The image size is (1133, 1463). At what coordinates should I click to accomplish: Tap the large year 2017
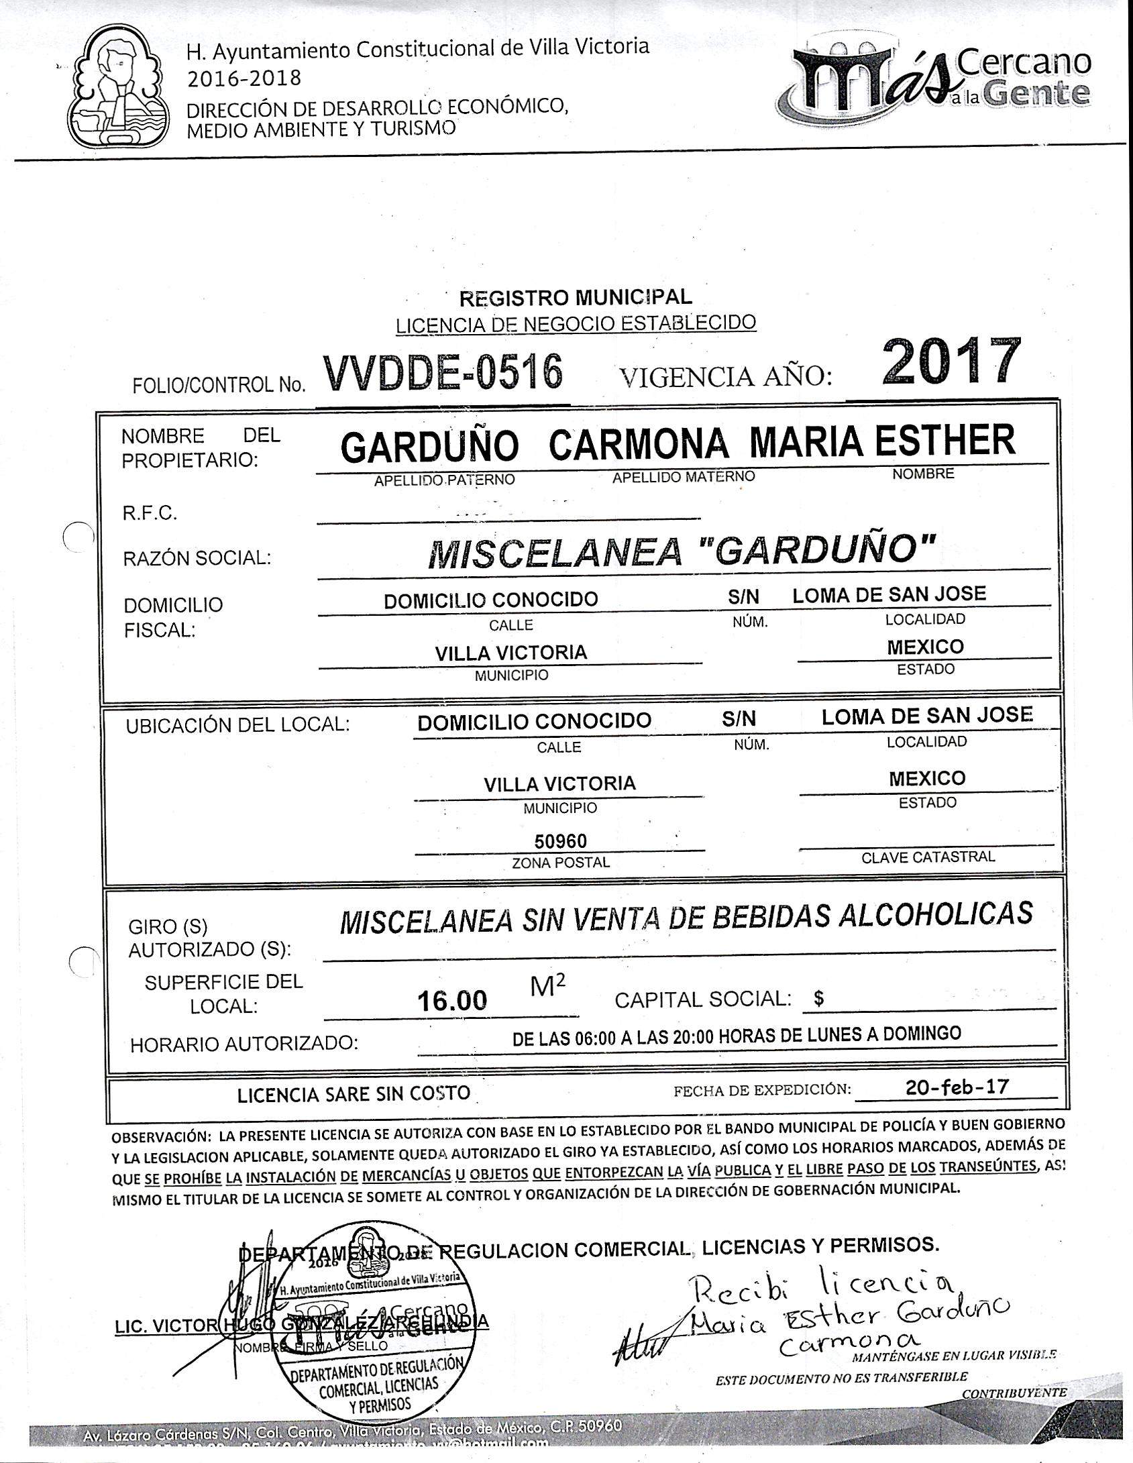tap(952, 363)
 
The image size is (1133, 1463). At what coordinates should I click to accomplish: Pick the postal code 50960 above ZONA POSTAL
tap(560, 841)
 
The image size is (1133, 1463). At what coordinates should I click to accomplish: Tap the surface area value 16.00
tap(451, 1001)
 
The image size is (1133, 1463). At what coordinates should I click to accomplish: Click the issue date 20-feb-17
tap(957, 1087)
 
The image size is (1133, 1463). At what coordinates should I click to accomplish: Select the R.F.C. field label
tap(150, 514)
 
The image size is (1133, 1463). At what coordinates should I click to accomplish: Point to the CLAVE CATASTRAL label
tap(928, 857)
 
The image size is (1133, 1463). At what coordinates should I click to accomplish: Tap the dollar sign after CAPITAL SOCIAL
tap(818, 999)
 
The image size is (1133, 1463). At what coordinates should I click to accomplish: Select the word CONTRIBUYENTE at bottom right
tap(1014, 1393)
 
